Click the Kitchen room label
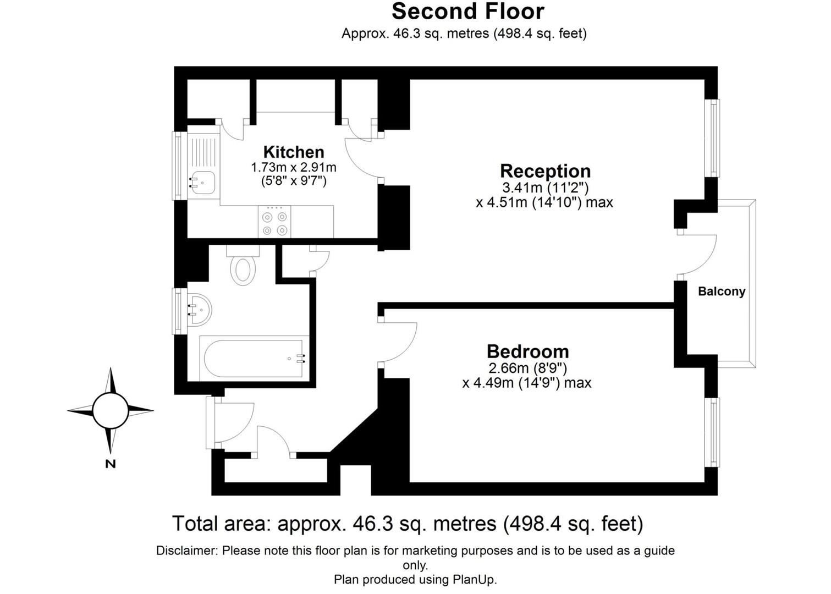294,152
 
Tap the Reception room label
545,171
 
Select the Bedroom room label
527,351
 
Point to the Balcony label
722,291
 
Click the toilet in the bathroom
243,267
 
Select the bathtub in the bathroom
254,359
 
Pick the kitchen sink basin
203,182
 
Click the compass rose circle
111,410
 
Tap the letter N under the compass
111,464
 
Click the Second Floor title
467,12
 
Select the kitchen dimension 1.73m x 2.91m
294,167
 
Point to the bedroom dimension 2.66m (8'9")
527,368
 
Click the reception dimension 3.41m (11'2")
545,188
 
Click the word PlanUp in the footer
474,580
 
